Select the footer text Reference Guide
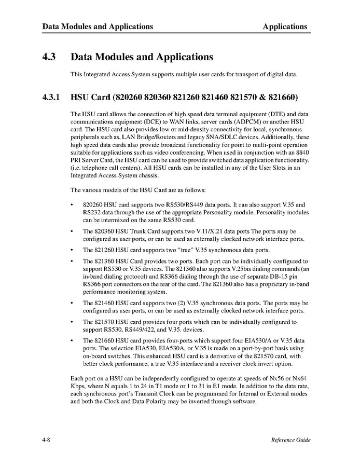pyautogui.click(x=290, y=440)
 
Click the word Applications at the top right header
pyautogui.click(x=285, y=26)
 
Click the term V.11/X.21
pyautogui.click(x=205, y=230)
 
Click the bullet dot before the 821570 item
pyautogui.click(x=71, y=322)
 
